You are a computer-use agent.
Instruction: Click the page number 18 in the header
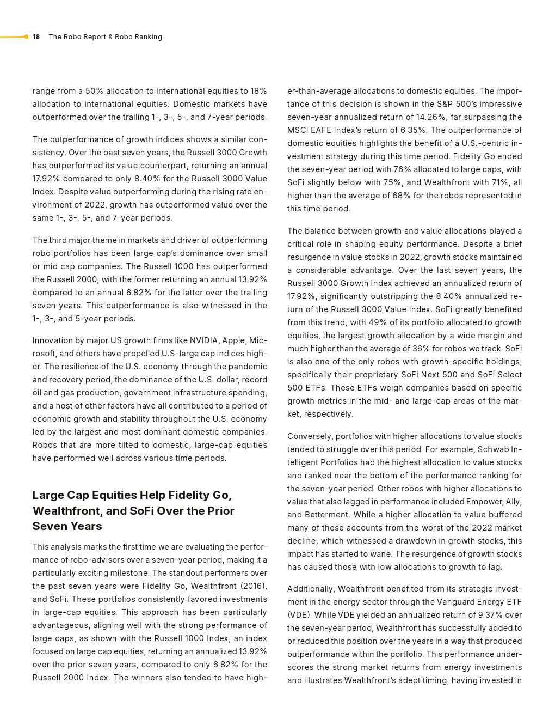pos(36,37)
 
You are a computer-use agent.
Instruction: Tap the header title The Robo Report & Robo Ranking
pos(105,37)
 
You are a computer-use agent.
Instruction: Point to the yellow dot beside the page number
pos(26,37)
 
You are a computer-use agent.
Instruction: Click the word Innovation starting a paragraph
pos(52,340)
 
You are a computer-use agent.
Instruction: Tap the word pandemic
pos(248,367)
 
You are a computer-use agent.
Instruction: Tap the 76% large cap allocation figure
pos(403,169)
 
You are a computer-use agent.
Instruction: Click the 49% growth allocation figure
pos(378,322)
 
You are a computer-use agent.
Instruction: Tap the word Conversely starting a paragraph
pos(310,436)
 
